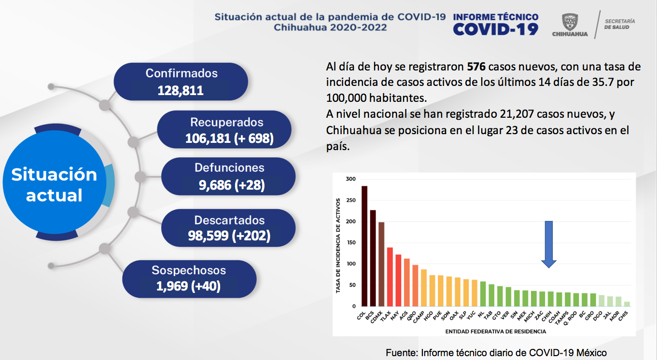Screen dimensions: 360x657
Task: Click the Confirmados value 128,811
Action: [x=181, y=90]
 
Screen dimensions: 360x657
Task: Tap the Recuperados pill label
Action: [x=226, y=122]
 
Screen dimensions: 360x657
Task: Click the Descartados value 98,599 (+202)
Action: [x=229, y=235]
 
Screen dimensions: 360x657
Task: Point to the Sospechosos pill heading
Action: [x=189, y=270]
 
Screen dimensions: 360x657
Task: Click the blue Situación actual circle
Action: [x=54, y=185]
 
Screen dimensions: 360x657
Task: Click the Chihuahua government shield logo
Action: [x=570, y=22]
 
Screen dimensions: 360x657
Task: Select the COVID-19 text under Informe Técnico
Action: [x=495, y=29]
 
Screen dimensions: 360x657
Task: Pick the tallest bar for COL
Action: [x=364, y=246]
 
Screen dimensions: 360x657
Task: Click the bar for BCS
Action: [x=373, y=258]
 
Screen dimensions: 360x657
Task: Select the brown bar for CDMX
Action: [x=381, y=264]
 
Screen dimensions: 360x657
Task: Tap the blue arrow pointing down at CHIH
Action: [x=548, y=244]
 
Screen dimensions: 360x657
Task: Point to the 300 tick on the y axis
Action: [x=350, y=179]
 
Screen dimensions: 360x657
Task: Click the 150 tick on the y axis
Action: [x=350, y=243]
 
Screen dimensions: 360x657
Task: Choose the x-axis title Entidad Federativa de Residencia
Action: [x=495, y=332]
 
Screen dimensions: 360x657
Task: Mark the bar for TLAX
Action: [x=390, y=277]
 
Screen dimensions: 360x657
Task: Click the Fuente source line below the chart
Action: [x=496, y=353]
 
